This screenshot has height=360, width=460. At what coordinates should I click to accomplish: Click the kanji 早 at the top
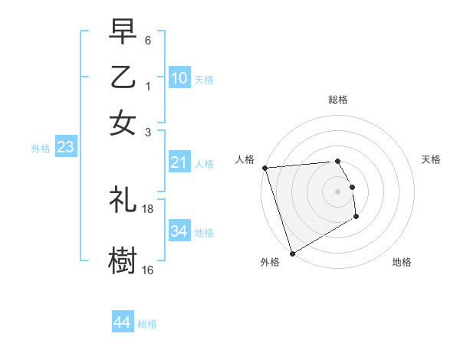coord(123,32)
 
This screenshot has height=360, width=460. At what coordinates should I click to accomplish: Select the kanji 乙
coord(123,77)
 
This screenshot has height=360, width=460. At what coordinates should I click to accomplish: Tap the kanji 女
coord(123,123)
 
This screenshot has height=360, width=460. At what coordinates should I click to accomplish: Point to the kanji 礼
coord(123,199)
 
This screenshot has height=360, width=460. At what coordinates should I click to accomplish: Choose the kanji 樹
coord(123,260)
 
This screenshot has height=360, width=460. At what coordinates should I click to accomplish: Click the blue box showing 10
coord(179,77)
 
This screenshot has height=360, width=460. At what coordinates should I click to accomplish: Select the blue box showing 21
coord(179,162)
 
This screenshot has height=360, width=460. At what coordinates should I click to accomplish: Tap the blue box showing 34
coord(179,231)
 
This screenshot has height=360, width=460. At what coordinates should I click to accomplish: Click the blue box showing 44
coord(123,322)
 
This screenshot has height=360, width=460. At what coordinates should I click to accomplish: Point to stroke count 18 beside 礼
coord(148,208)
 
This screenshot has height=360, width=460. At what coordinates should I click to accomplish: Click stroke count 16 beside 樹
coord(148,270)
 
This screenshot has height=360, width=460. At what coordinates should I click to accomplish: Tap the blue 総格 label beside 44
coord(147,324)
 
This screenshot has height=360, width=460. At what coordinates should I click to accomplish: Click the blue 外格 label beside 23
coord(41,149)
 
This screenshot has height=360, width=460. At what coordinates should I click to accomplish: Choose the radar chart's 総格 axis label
coord(337,100)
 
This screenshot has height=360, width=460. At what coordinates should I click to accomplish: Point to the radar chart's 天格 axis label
coord(431,159)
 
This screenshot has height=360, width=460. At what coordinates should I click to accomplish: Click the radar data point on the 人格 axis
coord(264,168)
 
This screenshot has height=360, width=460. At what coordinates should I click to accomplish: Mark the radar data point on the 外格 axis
coord(292,253)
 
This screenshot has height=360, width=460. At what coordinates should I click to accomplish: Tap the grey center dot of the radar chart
coord(337,191)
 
